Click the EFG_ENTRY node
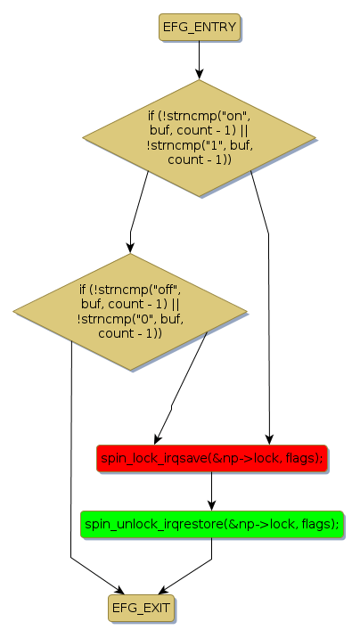(x=199, y=28)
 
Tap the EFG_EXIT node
(x=141, y=608)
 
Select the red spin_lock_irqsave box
(x=211, y=458)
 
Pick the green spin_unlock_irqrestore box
(x=212, y=524)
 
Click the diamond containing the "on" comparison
(x=199, y=138)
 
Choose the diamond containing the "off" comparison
(x=130, y=312)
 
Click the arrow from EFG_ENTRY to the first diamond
(x=199, y=60)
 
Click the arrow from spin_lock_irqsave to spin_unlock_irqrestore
(x=211, y=491)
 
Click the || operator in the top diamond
(x=244, y=131)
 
